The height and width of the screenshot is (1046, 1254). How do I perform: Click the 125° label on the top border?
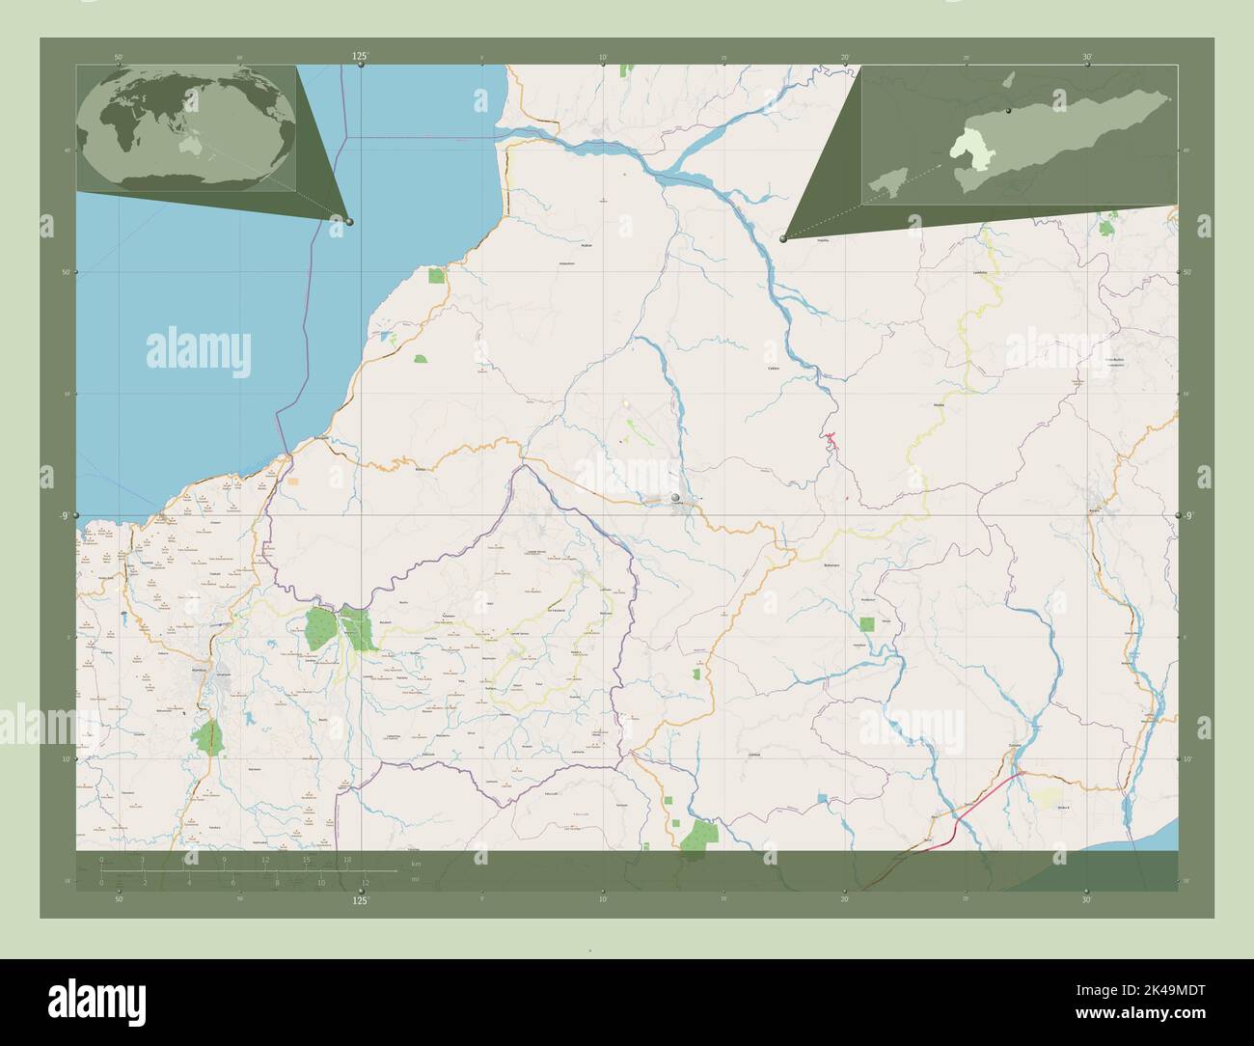[x=360, y=57]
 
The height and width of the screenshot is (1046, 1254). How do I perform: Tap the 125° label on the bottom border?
[x=360, y=899]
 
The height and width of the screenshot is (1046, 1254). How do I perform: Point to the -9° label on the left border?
[x=63, y=516]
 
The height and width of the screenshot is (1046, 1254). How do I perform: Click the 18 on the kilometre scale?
[x=346, y=859]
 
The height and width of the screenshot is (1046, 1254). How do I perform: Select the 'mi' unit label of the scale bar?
[x=415, y=879]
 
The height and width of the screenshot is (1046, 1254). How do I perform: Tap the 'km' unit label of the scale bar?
[x=416, y=863]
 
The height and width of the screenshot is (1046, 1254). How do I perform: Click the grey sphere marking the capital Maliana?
[x=676, y=497]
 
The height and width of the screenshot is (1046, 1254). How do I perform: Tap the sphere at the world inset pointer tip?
[x=349, y=221]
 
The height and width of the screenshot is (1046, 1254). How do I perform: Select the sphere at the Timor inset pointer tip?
[x=783, y=239]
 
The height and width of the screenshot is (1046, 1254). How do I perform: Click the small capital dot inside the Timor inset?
[x=1006, y=113]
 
